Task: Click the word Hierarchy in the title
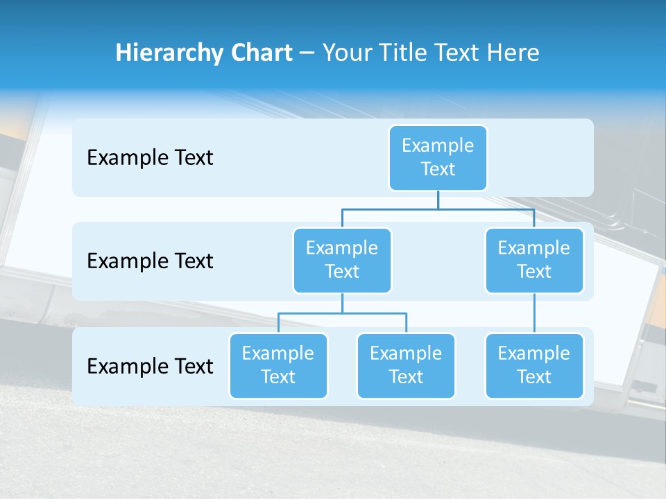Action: [169, 53]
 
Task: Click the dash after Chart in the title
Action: [307, 54]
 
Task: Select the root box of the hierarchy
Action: [438, 158]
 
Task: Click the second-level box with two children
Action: [342, 261]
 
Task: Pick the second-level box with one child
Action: [534, 261]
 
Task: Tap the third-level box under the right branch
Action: [534, 366]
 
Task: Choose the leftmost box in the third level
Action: [278, 366]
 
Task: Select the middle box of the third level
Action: [406, 366]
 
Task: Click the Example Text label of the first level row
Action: [150, 158]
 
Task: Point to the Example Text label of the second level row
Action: [150, 261]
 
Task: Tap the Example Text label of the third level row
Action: [150, 366]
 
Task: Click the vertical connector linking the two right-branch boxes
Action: [534, 313]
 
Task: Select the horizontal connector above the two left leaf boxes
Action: [342, 313]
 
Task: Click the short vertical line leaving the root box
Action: [438, 200]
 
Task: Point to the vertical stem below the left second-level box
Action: [342, 303]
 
